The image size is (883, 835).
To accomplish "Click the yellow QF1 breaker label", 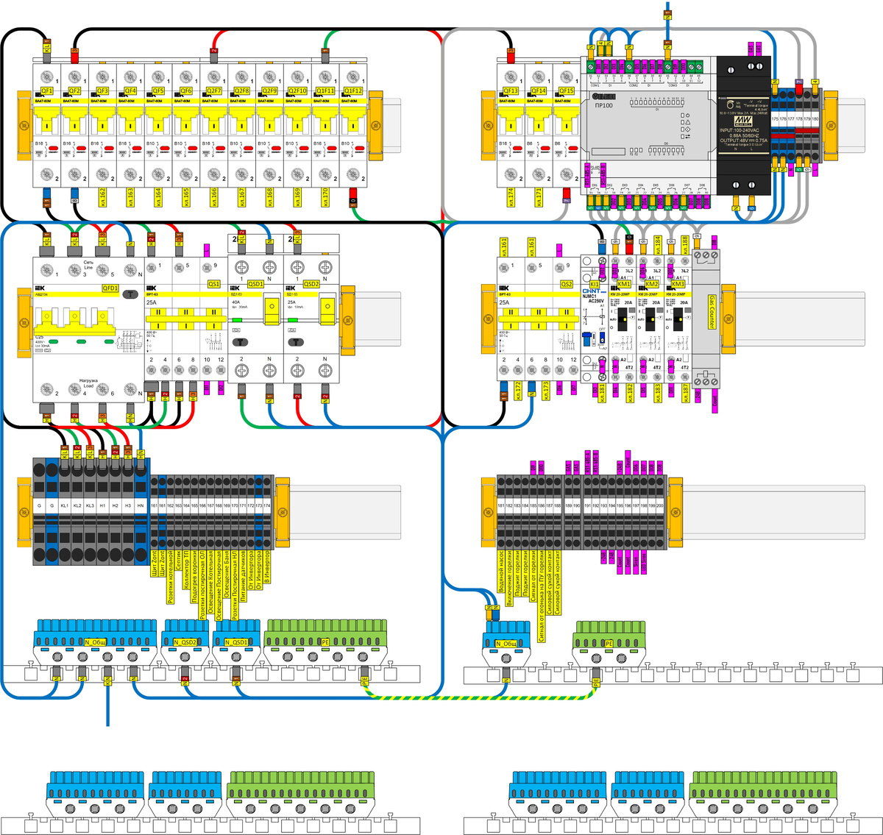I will [46, 91].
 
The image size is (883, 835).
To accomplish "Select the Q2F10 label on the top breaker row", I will [297, 91].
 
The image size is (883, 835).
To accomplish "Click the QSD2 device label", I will [311, 284].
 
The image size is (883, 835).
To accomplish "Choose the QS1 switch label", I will [213, 284].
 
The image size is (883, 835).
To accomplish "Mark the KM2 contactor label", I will [651, 284].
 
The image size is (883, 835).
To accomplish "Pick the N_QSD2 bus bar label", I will [185, 642].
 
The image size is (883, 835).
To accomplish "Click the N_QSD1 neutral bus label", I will [237, 642].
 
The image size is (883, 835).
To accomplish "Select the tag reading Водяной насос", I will [501, 570].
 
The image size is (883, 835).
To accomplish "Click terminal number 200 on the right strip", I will [660, 506].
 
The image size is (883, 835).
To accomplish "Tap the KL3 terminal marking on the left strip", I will [90, 506].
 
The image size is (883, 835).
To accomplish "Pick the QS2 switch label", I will [566, 284].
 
